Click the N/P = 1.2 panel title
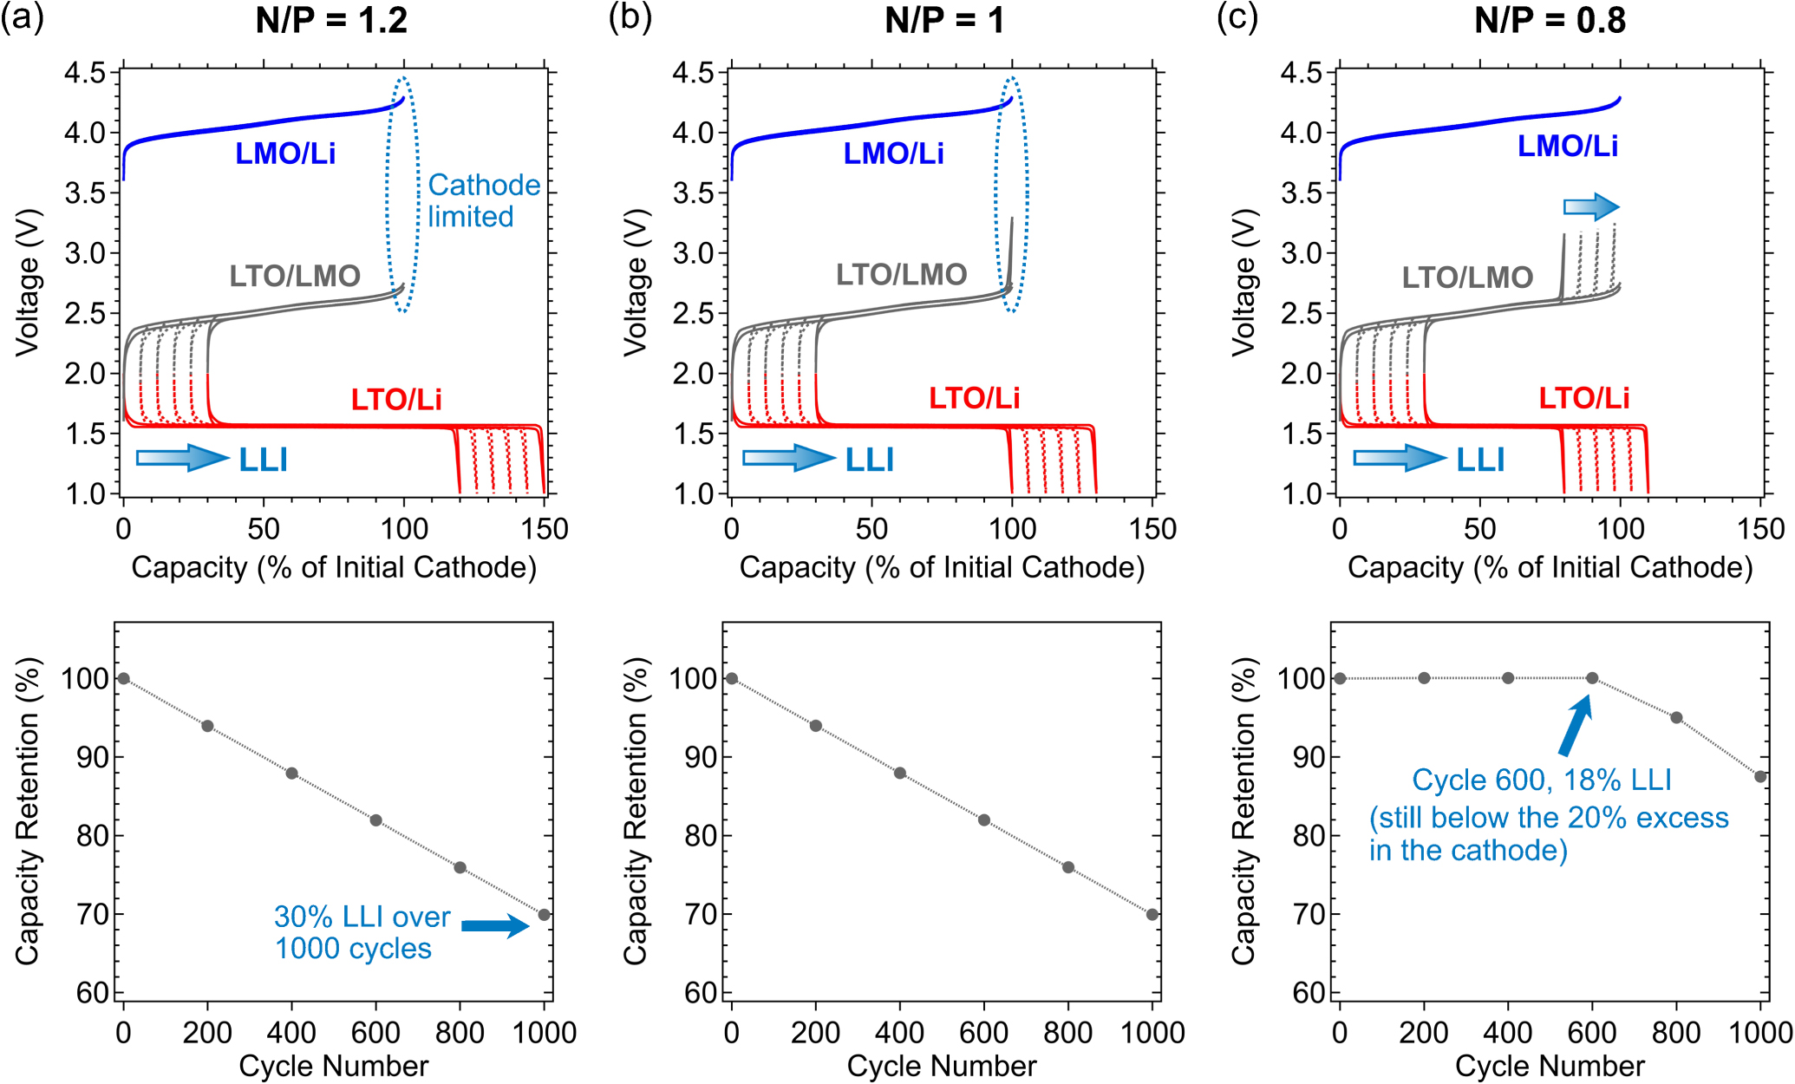click(331, 20)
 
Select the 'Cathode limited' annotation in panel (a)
click(483, 200)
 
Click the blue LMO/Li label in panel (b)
click(893, 153)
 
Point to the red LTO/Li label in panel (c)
click(1583, 398)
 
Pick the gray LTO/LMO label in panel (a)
click(295, 276)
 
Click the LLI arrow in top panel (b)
click(788, 458)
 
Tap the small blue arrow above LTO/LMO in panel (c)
click(1591, 207)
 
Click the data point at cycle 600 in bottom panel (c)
click(1592, 678)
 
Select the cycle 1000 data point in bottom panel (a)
click(544, 914)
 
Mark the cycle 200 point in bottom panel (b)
click(815, 725)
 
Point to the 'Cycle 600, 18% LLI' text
click(1541, 780)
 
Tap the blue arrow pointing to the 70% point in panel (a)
click(495, 926)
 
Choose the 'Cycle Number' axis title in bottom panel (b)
click(941, 1066)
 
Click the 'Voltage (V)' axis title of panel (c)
click(1243, 282)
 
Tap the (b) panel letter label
click(630, 18)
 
